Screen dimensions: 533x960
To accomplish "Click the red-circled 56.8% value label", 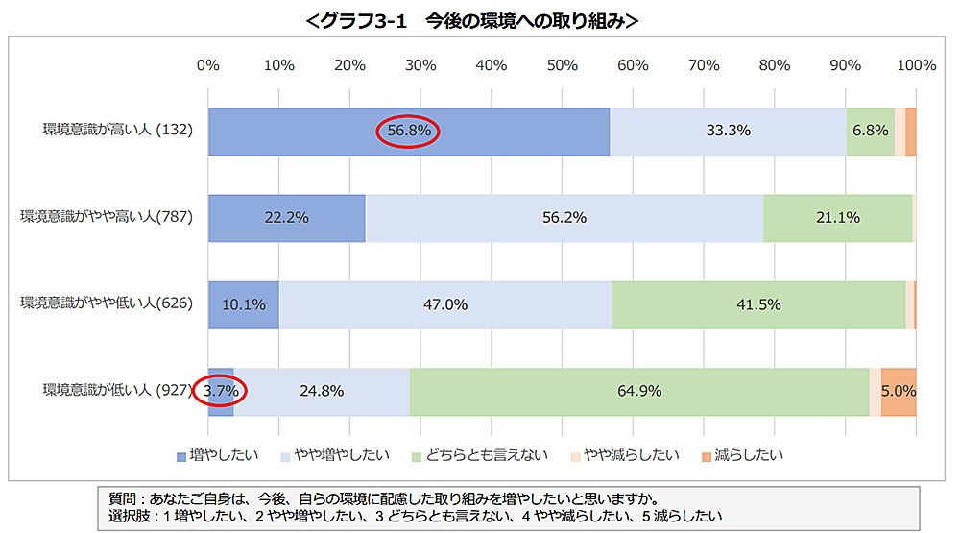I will pyautogui.click(x=407, y=131).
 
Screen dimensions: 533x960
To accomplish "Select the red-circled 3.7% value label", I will pyautogui.click(x=220, y=391).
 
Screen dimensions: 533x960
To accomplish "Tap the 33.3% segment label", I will pyautogui.click(x=728, y=131).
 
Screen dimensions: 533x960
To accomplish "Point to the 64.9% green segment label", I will pyautogui.click(x=638, y=391).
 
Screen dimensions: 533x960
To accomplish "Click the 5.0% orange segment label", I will pyautogui.click(x=899, y=391).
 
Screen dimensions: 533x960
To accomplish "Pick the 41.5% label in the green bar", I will pyautogui.click(x=758, y=304).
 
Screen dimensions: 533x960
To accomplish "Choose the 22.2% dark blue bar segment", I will pyautogui.click(x=286, y=218).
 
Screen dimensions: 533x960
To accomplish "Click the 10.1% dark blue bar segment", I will pyautogui.click(x=243, y=304).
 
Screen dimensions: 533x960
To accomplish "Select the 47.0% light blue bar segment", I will pyautogui.click(x=445, y=304).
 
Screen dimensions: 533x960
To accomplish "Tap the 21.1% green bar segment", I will pyautogui.click(x=837, y=218).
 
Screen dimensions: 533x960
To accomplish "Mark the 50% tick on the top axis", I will pyautogui.click(x=562, y=65).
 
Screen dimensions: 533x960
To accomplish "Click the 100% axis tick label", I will pyautogui.click(x=916, y=65).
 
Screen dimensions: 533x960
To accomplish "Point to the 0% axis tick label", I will pyautogui.click(x=208, y=65).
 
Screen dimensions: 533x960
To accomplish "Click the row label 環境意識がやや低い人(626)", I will pyautogui.click(x=107, y=304).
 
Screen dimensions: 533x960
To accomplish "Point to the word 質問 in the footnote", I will pyautogui.click(x=122, y=498).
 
